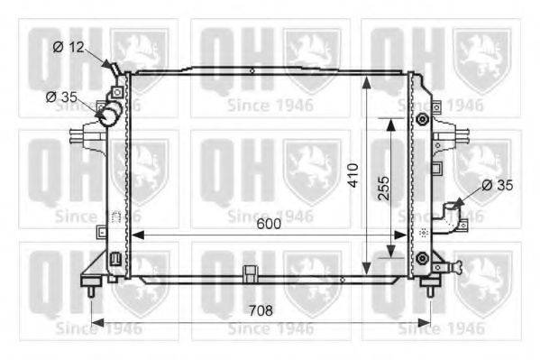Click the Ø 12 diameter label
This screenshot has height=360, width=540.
(69, 47)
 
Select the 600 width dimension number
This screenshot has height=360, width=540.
(269, 224)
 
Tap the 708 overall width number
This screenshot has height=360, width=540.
(261, 310)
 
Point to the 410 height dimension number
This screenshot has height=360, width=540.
(353, 175)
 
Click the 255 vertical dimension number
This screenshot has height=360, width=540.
(383, 189)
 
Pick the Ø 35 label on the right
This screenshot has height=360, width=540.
(498, 185)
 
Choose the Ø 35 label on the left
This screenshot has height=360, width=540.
(61, 97)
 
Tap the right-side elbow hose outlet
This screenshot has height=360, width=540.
(451, 216)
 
